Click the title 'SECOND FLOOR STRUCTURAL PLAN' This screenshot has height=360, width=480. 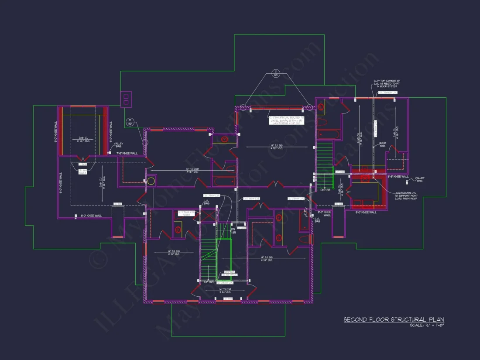tap(394, 319)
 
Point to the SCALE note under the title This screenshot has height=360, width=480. tap(427, 326)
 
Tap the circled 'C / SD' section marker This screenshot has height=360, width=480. tap(276, 73)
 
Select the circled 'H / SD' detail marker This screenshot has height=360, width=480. tap(129, 121)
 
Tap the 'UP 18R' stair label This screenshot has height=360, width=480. tap(209, 282)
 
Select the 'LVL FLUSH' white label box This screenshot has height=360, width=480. tap(185, 213)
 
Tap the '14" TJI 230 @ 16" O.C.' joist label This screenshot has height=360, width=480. tap(192, 170)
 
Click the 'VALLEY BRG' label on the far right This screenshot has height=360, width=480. tap(419, 179)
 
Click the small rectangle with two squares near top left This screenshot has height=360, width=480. tap(126, 99)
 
